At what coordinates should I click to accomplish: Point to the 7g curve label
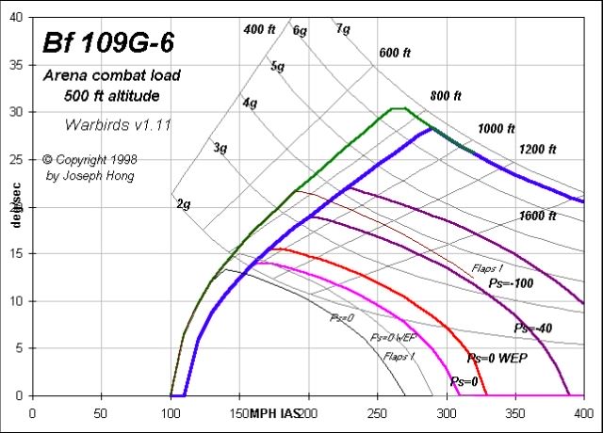(x=343, y=29)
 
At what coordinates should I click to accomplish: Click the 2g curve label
(x=184, y=203)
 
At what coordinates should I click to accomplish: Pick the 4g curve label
(x=250, y=103)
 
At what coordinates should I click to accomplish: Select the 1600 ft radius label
(x=537, y=216)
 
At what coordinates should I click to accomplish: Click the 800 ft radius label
(x=446, y=95)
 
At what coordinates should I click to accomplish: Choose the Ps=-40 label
(x=534, y=328)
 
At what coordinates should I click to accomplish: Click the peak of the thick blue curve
(x=431, y=128)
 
